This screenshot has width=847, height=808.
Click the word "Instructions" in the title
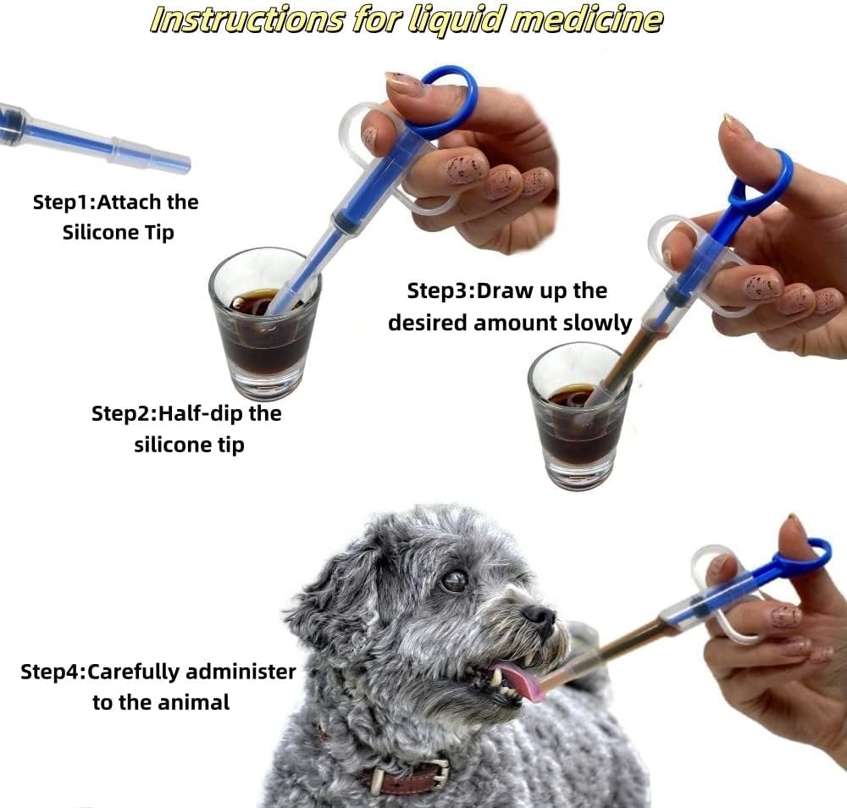(x=246, y=20)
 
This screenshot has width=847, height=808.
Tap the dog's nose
(x=539, y=615)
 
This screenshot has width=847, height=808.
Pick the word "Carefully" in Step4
(x=132, y=672)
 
